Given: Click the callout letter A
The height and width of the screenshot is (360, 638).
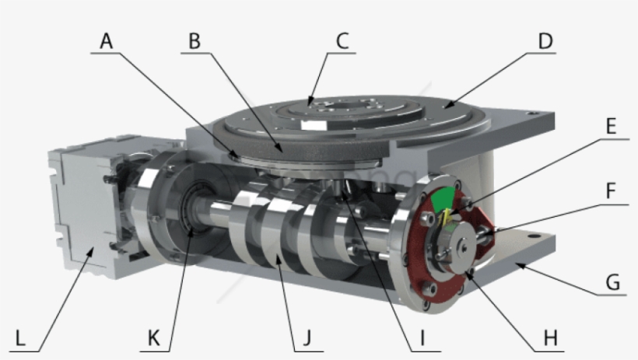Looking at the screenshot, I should [x=107, y=40].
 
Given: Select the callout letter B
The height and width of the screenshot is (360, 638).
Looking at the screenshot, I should [x=195, y=40].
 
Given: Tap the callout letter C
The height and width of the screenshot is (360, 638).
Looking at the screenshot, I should [x=342, y=40].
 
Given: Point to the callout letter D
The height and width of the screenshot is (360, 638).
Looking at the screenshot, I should [x=544, y=40].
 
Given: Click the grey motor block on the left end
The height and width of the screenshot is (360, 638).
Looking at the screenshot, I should [x=78, y=206].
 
